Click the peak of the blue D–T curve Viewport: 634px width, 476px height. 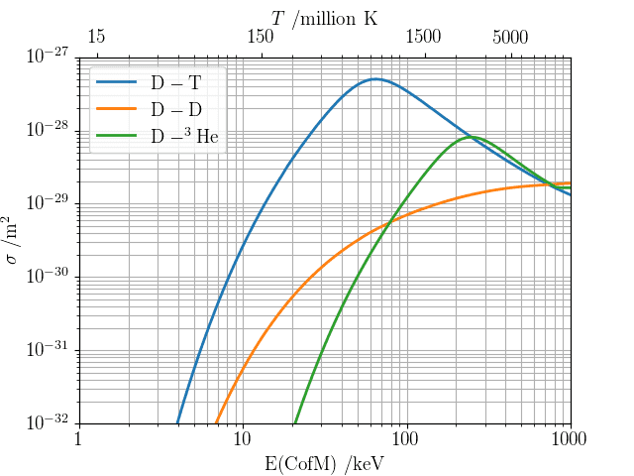click(x=374, y=78)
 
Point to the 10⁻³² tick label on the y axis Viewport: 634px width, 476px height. click(x=46, y=422)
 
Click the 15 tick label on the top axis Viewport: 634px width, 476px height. click(x=96, y=38)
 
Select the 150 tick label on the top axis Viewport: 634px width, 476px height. click(x=261, y=38)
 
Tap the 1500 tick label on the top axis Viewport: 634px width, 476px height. click(x=424, y=38)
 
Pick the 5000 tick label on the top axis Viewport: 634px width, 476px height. click(x=510, y=38)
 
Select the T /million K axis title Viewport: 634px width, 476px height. click(x=324, y=17)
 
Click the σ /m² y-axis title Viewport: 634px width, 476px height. click(x=15, y=240)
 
